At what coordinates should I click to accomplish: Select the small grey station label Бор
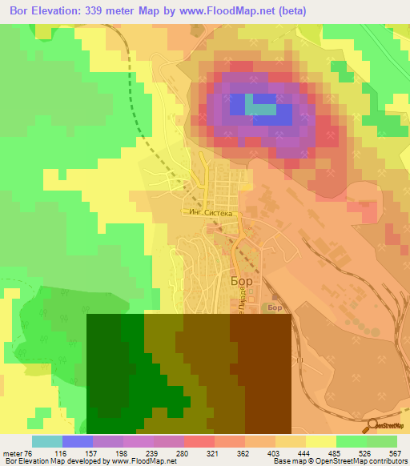pos(275,307)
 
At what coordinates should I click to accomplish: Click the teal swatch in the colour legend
pos(46,441)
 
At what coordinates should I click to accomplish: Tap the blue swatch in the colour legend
pos(77,441)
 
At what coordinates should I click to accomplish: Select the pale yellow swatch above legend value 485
pos(320,441)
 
